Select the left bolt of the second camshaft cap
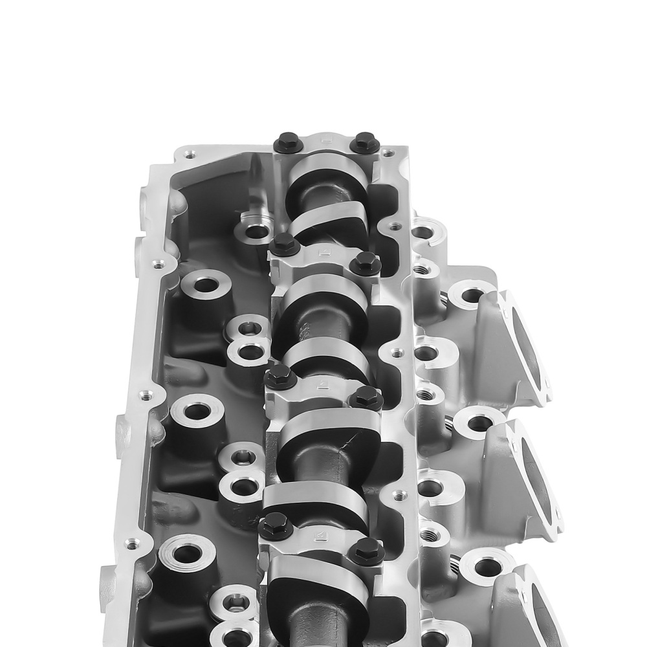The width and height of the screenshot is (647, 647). point(284,245)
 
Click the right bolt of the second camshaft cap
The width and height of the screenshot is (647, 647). point(366,262)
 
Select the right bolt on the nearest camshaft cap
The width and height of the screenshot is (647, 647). point(366,551)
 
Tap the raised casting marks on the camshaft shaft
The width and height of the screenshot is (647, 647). point(302,330)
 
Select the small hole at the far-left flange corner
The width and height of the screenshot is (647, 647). point(189,155)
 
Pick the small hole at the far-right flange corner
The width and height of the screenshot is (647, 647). point(388,153)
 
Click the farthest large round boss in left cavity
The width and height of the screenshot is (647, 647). point(206,285)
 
